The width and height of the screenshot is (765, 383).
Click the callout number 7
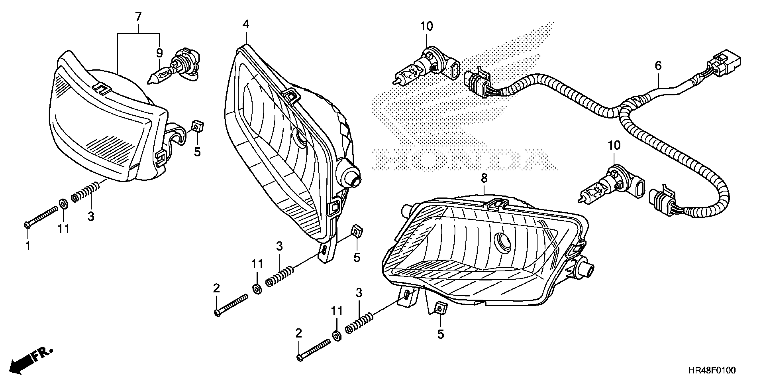(x=138, y=17)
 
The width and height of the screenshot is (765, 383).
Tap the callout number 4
(x=246, y=24)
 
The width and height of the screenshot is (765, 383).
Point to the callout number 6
(x=658, y=66)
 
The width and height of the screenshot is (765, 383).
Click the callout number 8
(x=484, y=178)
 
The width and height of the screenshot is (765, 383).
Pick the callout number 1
(x=28, y=246)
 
